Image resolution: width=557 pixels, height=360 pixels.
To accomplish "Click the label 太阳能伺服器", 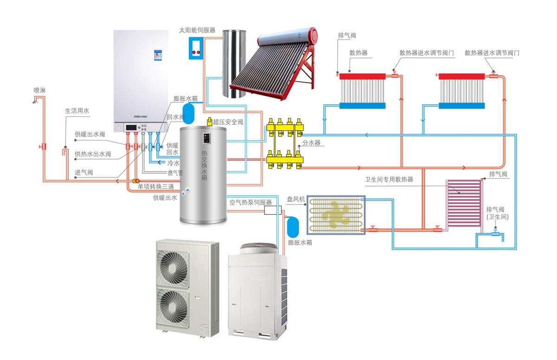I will [197, 30].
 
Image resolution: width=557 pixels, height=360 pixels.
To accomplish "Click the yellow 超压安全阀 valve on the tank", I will [210, 122].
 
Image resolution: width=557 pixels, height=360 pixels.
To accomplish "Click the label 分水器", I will [311, 143].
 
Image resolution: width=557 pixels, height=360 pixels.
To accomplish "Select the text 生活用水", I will [77, 111].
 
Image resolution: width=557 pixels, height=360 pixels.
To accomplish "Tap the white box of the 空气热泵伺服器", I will [271, 210].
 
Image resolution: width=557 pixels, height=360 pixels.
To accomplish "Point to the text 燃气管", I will [175, 173].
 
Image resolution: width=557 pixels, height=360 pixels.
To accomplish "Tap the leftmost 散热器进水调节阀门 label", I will [427, 53].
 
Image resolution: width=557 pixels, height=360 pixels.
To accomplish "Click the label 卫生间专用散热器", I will [389, 180].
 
